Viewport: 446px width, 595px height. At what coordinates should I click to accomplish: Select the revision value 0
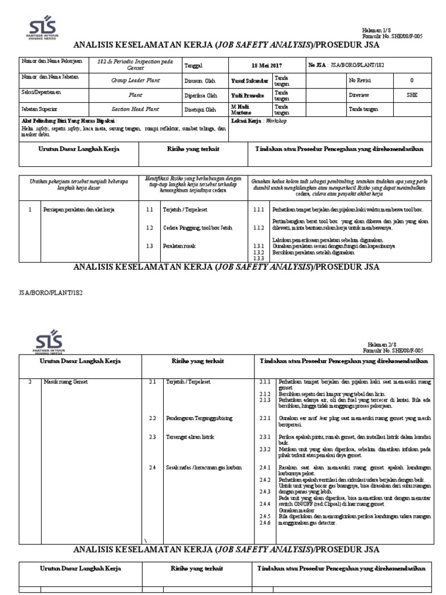click(412, 81)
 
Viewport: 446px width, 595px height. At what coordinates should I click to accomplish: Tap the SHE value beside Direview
click(412, 95)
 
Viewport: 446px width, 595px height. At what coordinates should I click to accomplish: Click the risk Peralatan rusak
click(179, 246)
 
